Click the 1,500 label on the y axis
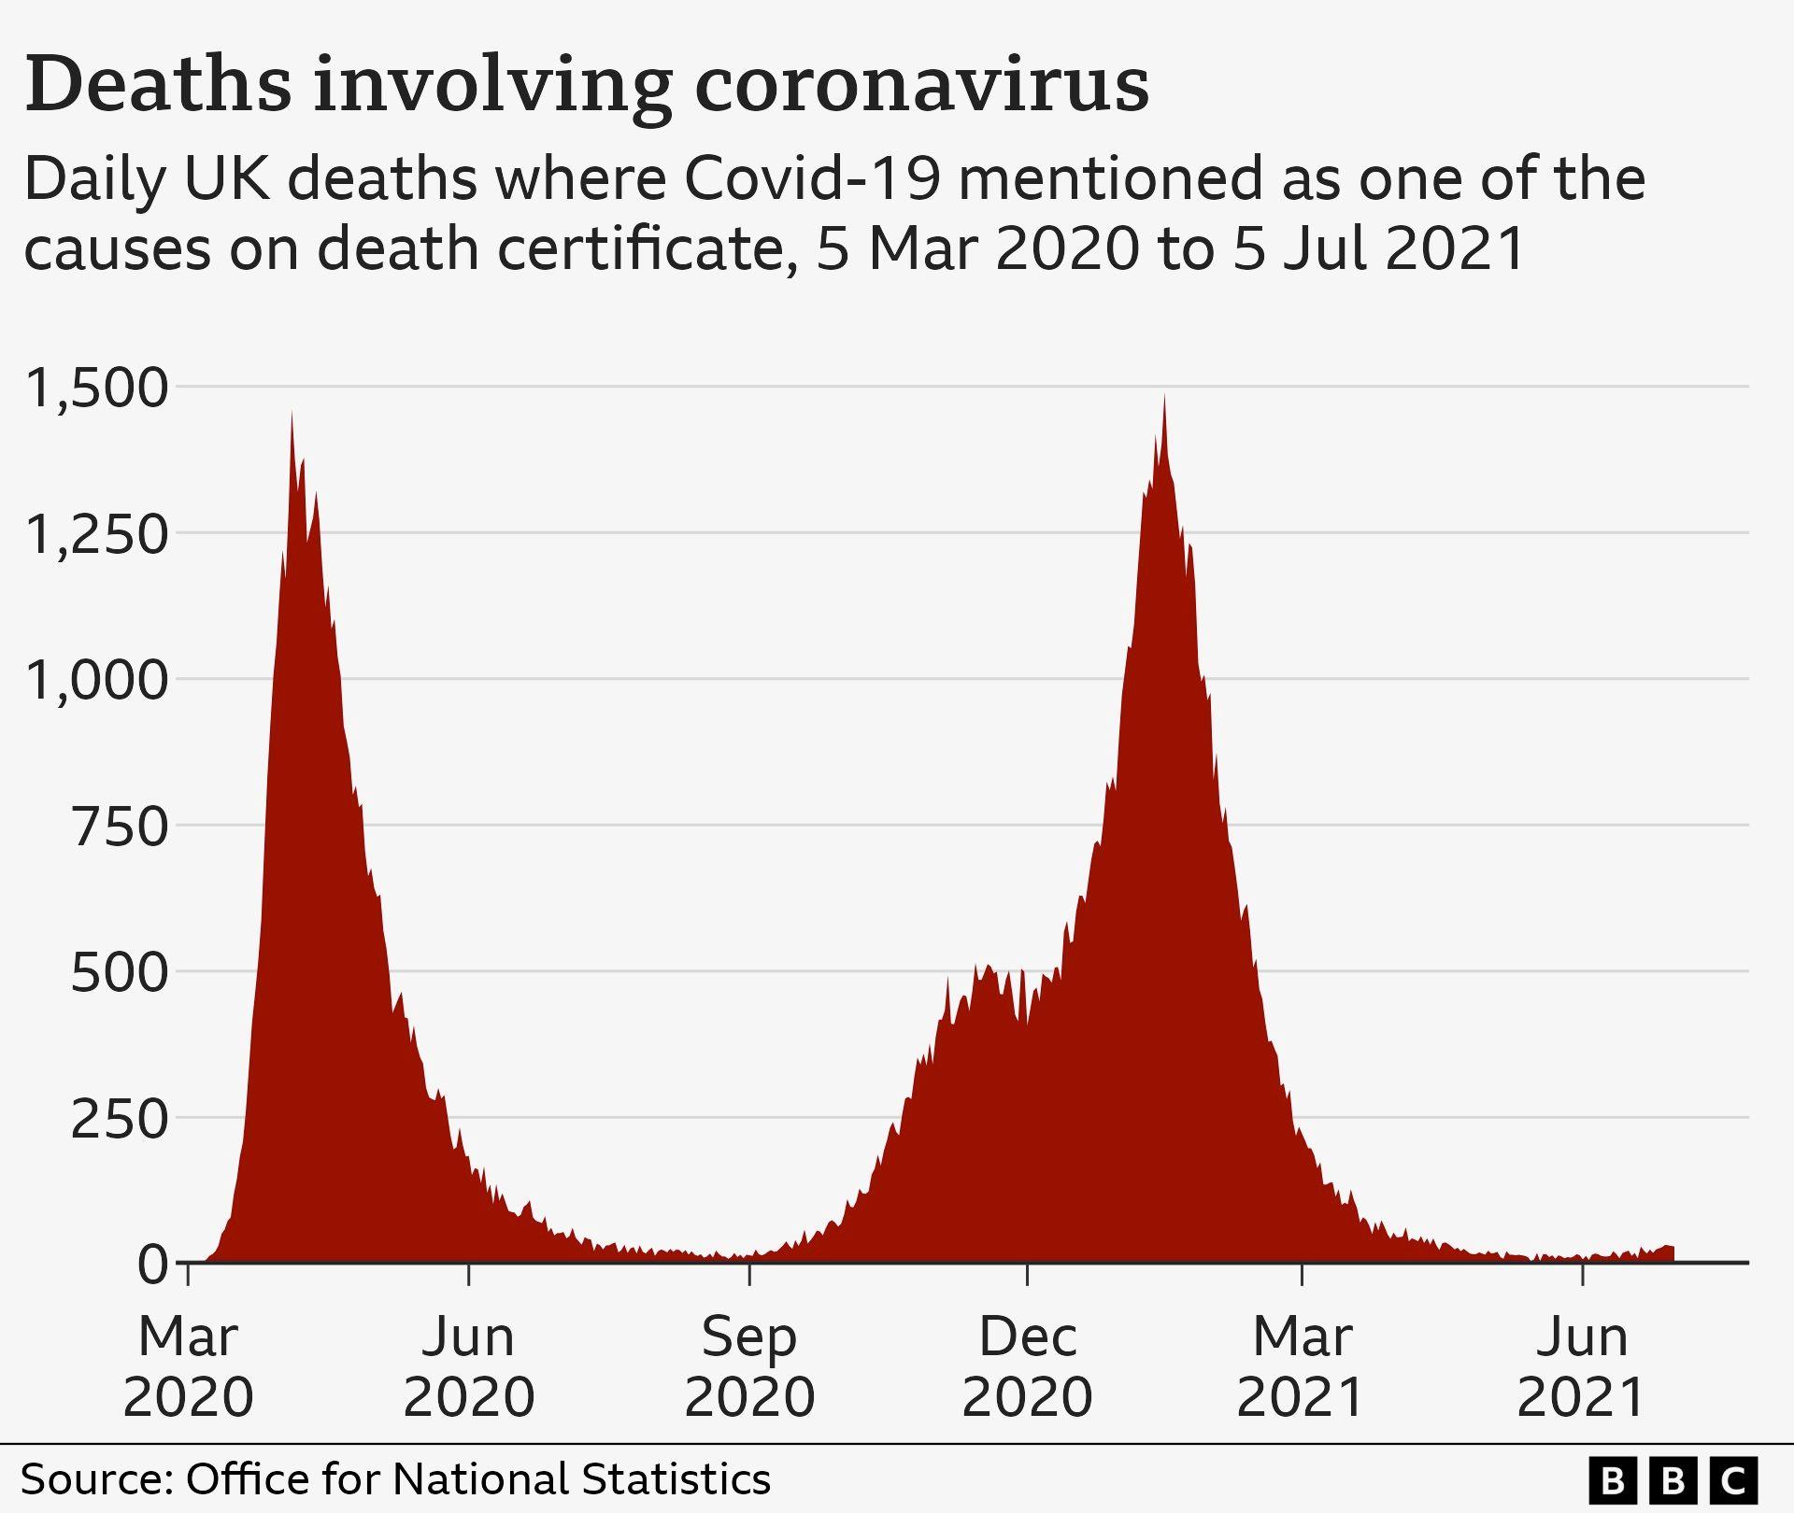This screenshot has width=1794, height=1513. [x=97, y=388]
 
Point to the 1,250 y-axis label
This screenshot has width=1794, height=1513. [x=97, y=534]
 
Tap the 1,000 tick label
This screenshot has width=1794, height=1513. [x=97, y=680]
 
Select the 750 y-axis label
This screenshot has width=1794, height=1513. [x=120, y=827]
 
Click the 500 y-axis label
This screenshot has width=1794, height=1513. [x=120, y=972]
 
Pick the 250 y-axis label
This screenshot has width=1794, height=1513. [x=120, y=1118]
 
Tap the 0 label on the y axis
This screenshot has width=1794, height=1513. [x=152, y=1265]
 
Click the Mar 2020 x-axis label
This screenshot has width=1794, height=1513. [x=188, y=1366]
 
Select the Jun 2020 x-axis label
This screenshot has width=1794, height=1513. [x=468, y=1366]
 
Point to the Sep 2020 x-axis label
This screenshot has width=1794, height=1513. [x=749, y=1366]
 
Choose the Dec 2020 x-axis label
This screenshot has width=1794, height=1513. [x=1027, y=1366]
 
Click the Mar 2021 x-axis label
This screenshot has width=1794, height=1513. [x=1302, y=1366]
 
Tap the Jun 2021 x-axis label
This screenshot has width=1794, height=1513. [x=1582, y=1366]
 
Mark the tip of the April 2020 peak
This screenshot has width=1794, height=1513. [x=292, y=413]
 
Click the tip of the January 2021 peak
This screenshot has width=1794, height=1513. [x=1164, y=396]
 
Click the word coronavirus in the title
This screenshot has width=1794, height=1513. [x=921, y=86]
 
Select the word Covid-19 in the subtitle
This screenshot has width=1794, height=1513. [x=811, y=179]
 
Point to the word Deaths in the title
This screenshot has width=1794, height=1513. [x=158, y=86]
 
